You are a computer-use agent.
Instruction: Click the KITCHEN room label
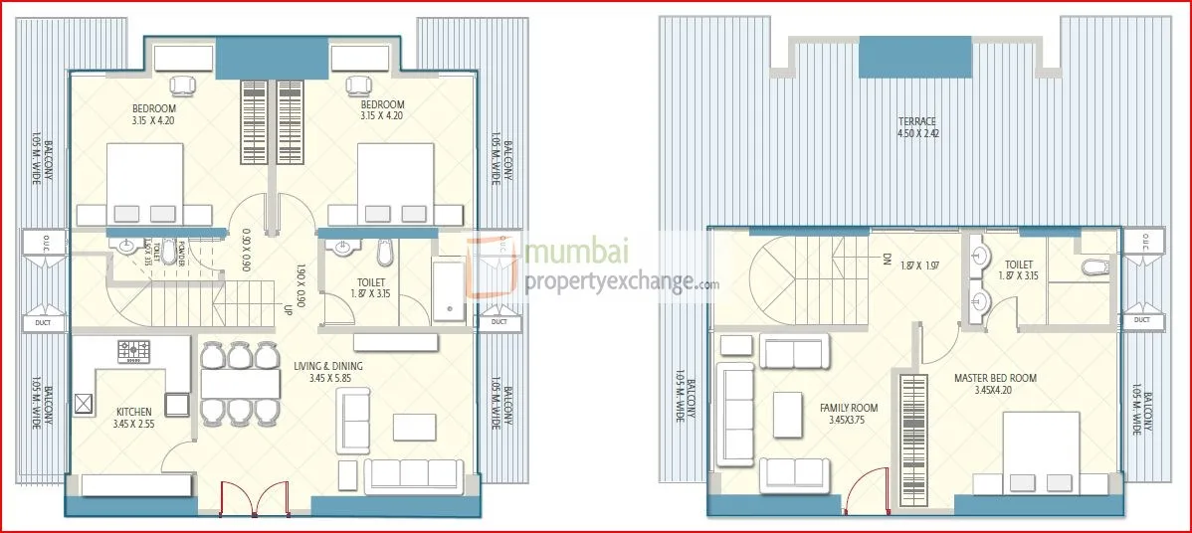133,411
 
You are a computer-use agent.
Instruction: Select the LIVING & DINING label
328,366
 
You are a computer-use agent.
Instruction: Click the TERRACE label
916,121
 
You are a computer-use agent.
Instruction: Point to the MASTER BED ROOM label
995,378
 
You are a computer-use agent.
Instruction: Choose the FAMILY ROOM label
849,408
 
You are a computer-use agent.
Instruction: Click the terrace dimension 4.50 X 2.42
916,133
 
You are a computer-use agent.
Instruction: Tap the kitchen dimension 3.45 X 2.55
133,424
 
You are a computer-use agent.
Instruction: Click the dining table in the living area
239,383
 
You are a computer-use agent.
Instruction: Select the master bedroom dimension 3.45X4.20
995,391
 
